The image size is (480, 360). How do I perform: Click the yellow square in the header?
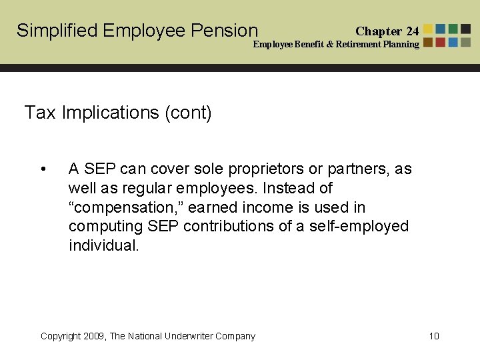[428, 29]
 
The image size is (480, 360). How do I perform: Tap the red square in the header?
[441, 42]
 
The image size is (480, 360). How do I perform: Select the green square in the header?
[453, 29]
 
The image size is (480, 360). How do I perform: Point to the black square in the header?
[465, 29]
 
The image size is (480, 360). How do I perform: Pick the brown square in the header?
[428, 42]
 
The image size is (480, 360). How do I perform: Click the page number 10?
[434, 336]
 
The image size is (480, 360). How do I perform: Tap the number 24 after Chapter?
[412, 31]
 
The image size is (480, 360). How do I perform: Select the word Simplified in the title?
[57, 31]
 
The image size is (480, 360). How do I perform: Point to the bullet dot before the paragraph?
[43, 169]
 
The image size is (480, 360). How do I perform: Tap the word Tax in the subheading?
[40, 113]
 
